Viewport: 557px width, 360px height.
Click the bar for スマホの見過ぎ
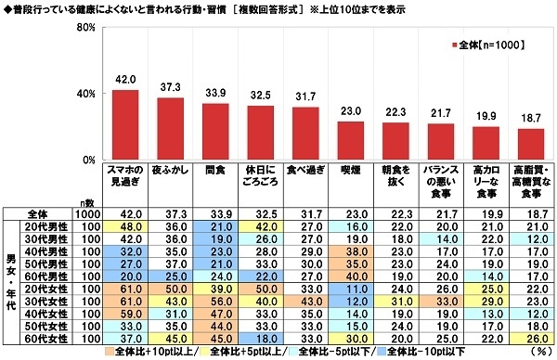point(125,125)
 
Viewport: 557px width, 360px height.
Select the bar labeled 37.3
point(171,129)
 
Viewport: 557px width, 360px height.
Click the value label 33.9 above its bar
point(215,93)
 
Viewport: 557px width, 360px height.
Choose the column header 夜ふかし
point(171,170)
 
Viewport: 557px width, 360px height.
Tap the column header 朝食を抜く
point(395,175)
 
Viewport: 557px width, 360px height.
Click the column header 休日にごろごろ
point(261,175)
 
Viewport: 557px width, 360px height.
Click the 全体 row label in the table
point(43,212)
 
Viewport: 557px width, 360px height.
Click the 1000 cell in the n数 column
point(89,212)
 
